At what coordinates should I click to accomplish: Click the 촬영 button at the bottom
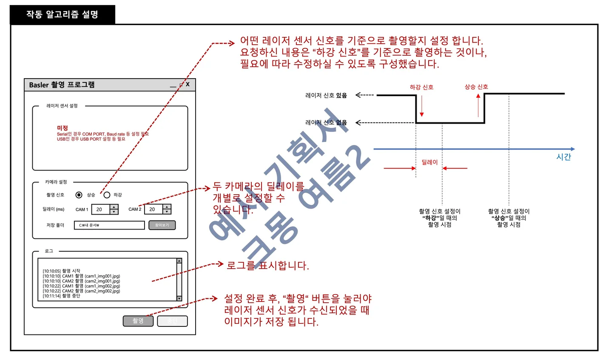(138, 321)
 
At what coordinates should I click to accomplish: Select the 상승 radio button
(79, 195)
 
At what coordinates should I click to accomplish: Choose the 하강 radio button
(107, 195)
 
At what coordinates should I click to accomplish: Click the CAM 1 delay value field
(100, 209)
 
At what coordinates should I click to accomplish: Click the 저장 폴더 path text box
(109, 225)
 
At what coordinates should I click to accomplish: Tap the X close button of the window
(188, 84)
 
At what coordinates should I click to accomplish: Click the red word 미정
(63, 128)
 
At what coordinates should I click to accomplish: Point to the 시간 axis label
(563, 157)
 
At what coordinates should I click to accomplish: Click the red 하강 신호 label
(421, 87)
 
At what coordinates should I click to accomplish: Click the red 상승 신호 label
(476, 87)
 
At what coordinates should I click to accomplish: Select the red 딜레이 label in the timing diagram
(429, 162)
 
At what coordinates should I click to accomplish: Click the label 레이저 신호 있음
(326, 95)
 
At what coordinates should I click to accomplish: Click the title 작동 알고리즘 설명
(62, 14)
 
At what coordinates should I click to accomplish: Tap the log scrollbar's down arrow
(179, 298)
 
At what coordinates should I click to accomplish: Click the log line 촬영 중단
(62, 296)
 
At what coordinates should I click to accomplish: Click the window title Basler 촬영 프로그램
(62, 85)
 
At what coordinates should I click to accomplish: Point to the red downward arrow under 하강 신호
(422, 106)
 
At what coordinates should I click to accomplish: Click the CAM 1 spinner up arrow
(114, 207)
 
